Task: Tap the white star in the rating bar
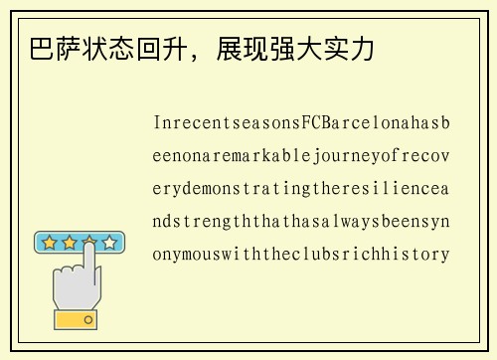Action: click(x=109, y=242)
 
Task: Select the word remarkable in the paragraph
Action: click(x=249, y=156)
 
